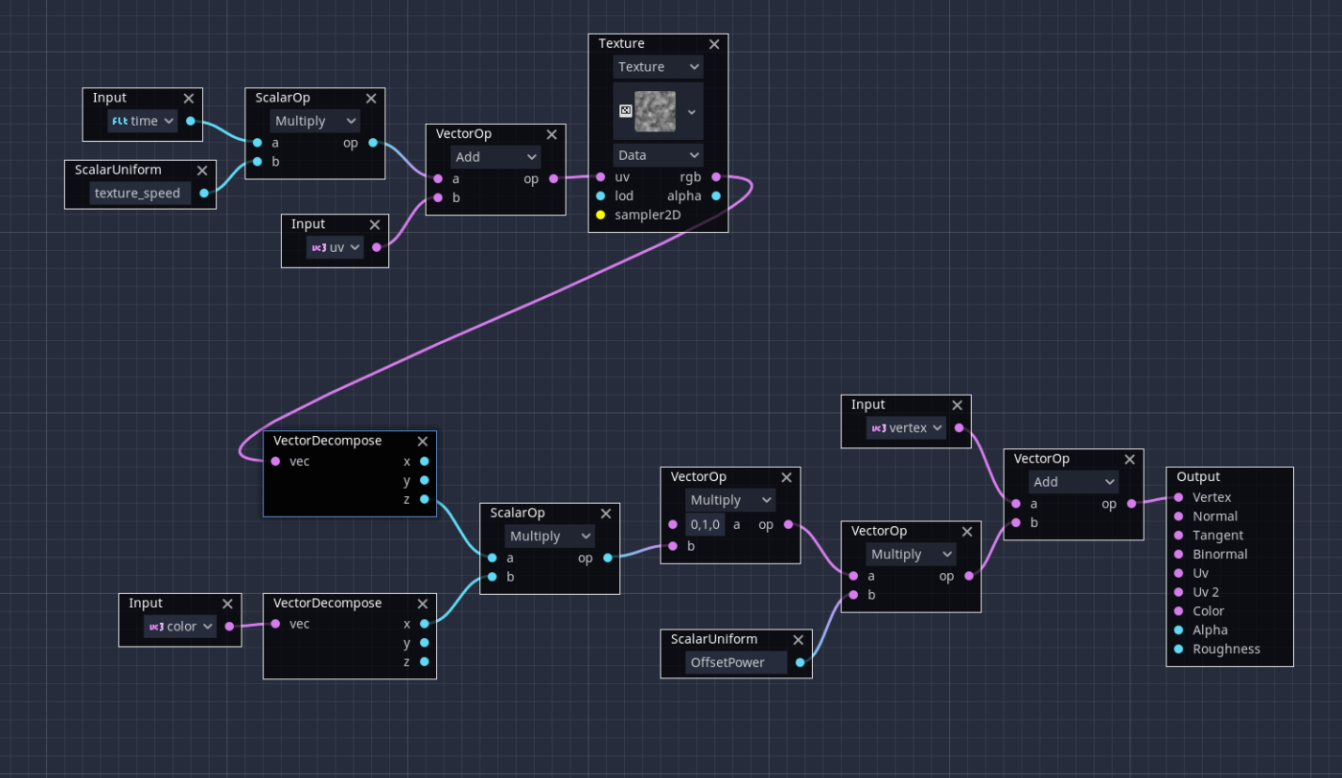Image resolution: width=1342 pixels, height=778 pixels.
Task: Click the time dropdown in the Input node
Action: coord(143,121)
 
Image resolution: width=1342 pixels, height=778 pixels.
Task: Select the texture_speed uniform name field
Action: coord(137,193)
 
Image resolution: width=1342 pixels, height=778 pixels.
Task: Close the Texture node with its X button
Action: coord(714,44)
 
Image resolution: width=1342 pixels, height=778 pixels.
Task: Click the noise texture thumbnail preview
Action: coord(655,111)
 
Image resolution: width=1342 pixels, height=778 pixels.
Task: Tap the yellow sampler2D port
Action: coord(601,215)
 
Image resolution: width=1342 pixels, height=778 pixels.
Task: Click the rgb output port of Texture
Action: coord(716,177)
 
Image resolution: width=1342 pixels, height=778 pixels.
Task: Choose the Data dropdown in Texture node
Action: coord(658,155)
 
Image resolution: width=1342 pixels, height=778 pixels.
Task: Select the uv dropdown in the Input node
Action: coord(335,247)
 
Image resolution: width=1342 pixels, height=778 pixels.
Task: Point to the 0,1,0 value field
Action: coord(706,524)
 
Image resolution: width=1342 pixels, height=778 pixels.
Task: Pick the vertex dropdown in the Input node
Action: coord(906,428)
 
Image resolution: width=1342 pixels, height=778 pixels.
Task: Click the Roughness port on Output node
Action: coord(1179,649)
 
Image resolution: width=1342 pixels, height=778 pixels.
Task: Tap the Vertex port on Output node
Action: coord(1179,497)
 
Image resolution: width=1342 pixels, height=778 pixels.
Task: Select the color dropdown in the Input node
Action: coord(180,627)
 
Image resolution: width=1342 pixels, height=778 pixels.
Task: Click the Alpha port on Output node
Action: coord(1179,629)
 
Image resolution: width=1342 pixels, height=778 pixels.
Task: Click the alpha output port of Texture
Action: coord(716,195)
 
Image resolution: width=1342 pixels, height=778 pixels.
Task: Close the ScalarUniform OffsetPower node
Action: coord(798,640)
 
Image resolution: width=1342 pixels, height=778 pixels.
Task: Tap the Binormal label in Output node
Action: coord(1219,554)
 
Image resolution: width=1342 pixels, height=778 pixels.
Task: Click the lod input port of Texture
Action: coord(601,195)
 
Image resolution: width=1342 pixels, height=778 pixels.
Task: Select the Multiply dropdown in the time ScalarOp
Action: coord(314,121)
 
